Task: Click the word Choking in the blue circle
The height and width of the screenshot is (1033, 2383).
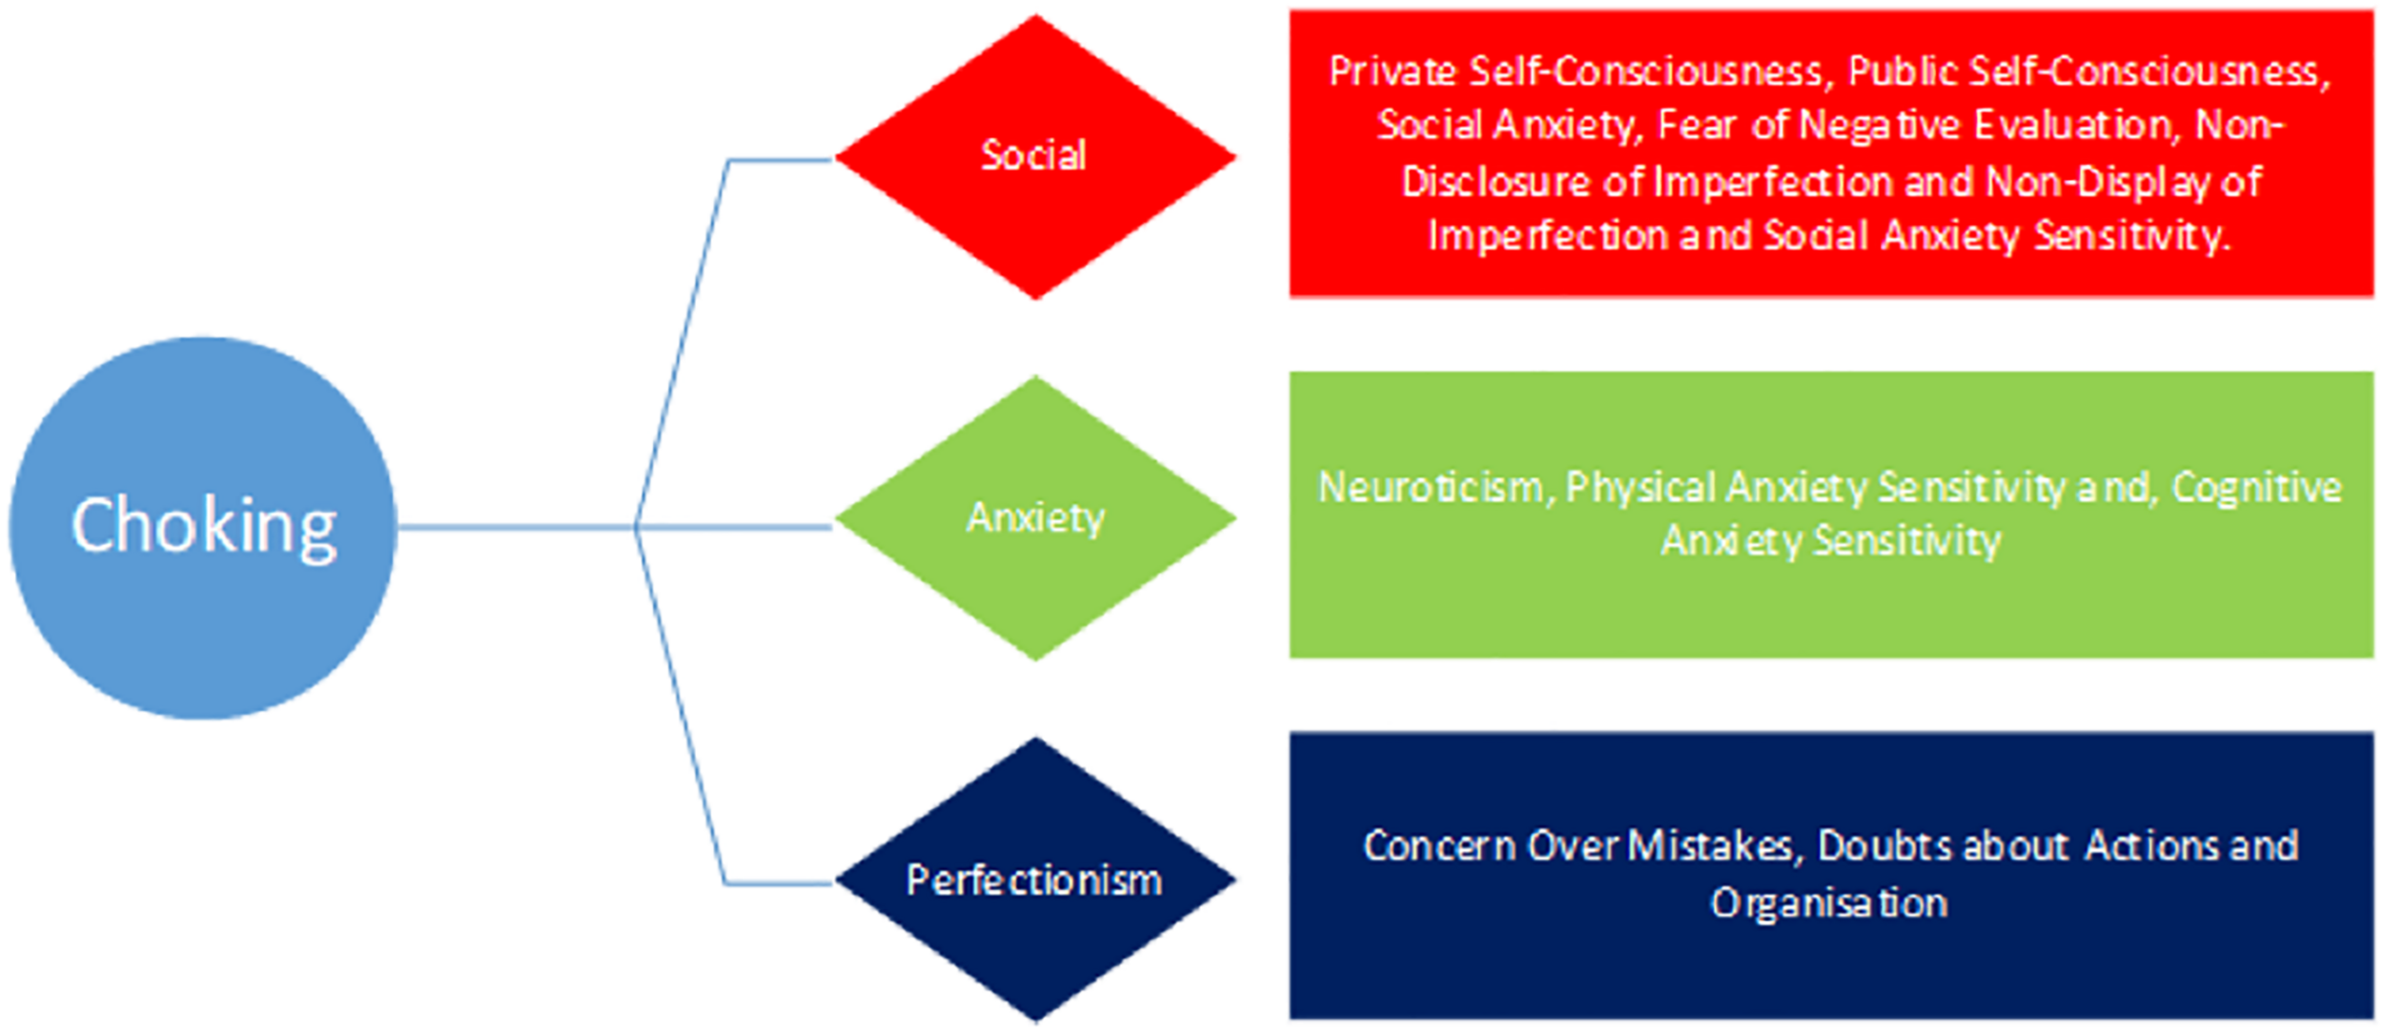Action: (x=204, y=525)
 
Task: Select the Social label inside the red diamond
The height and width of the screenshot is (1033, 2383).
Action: (x=1034, y=155)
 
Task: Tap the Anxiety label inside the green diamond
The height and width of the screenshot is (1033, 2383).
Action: (x=1035, y=517)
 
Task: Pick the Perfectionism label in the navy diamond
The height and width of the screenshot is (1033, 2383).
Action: (x=1034, y=880)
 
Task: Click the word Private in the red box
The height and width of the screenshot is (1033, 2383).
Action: (x=1393, y=71)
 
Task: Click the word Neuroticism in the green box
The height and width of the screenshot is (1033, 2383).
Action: (x=1430, y=488)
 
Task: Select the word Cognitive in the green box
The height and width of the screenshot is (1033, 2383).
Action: (x=2256, y=488)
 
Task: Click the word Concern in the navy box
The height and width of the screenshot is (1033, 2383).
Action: (x=1438, y=846)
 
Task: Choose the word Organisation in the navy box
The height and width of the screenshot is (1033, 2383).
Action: (x=1828, y=902)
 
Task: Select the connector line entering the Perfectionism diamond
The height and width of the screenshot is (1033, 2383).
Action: (x=777, y=883)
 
